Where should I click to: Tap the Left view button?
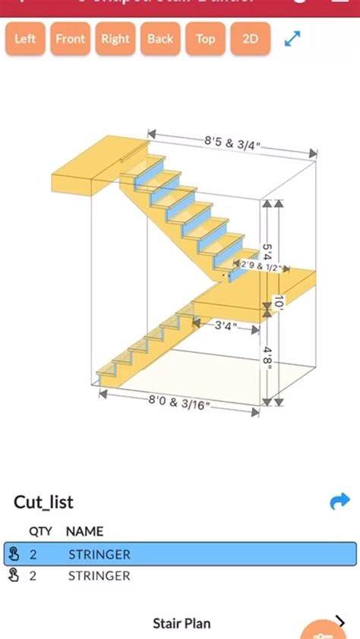tap(25, 39)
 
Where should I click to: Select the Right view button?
tap(115, 39)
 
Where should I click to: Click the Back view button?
tap(160, 39)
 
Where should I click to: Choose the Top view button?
tap(205, 39)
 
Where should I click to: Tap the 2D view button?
tap(250, 39)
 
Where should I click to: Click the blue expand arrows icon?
tap(292, 38)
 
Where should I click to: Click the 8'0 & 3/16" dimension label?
tap(179, 403)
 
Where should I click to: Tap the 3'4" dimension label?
tap(226, 326)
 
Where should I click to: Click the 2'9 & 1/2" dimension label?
tap(261, 266)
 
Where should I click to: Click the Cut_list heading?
tap(43, 502)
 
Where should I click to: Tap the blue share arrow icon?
tap(339, 501)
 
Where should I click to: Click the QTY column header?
tap(40, 531)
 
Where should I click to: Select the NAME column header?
tap(84, 531)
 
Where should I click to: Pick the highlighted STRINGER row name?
tap(99, 554)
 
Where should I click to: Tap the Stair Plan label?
tap(182, 624)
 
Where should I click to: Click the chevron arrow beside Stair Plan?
tap(339, 622)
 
